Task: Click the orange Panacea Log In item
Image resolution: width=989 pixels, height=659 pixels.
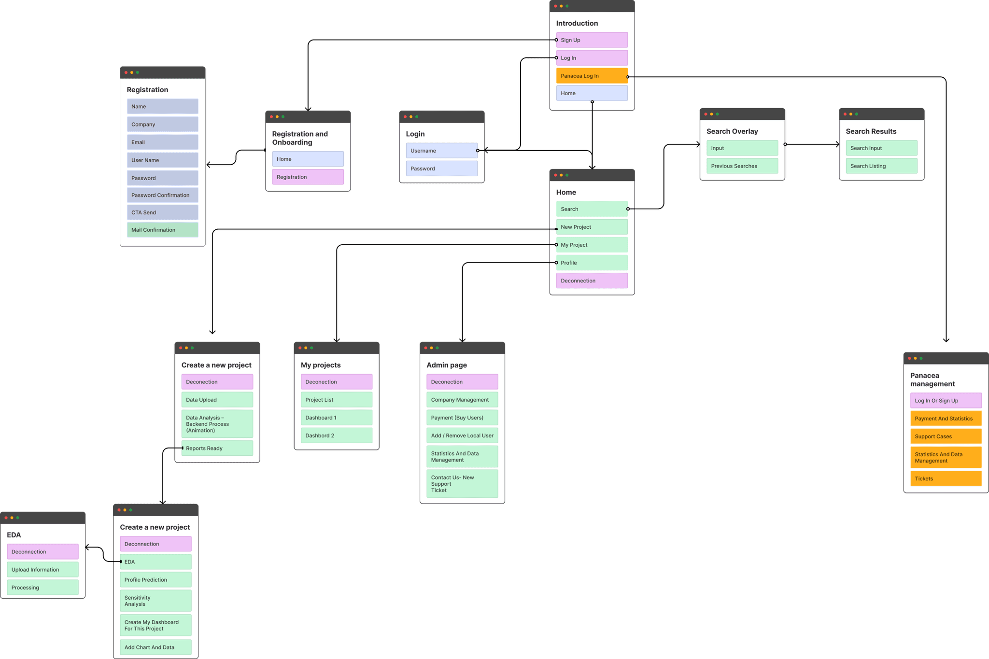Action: click(x=592, y=76)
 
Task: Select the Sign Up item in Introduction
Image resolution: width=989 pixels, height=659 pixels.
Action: click(x=592, y=40)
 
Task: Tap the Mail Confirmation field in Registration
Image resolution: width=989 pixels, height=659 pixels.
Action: click(x=162, y=230)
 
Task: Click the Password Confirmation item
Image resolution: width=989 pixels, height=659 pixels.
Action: click(x=162, y=195)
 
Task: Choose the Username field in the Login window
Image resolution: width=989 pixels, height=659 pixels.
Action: click(x=441, y=151)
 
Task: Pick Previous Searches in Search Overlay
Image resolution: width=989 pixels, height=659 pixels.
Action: click(x=742, y=166)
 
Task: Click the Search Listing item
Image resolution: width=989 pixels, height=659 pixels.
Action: click(x=881, y=166)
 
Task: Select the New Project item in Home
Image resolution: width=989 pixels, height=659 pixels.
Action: click(x=592, y=227)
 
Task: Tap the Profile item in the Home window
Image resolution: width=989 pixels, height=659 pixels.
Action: click(x=592, y=263)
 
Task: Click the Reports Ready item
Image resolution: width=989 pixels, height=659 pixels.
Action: click(x=217, y=448)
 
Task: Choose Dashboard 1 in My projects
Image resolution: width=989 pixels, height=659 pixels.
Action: click(x=336, y=418)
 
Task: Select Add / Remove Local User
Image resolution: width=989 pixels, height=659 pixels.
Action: click(x=462, y=435)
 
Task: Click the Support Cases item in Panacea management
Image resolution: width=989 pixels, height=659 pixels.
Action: click(x=946, y=436)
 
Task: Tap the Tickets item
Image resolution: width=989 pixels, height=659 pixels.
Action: click(x=946, y=478)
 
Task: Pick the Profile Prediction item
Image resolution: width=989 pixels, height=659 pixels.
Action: click(x=155, y=580)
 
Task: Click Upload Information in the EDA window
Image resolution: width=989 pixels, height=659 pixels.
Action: click(x=42, y=570)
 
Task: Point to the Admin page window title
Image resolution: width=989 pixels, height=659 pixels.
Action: click(x=447, y=365)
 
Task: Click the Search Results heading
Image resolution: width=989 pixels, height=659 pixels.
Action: click(x=871, y=131)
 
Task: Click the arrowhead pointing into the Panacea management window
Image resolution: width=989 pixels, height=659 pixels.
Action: click(x=946, y=340)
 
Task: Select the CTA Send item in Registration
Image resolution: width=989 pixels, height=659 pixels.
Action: click(x=162, y=212)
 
